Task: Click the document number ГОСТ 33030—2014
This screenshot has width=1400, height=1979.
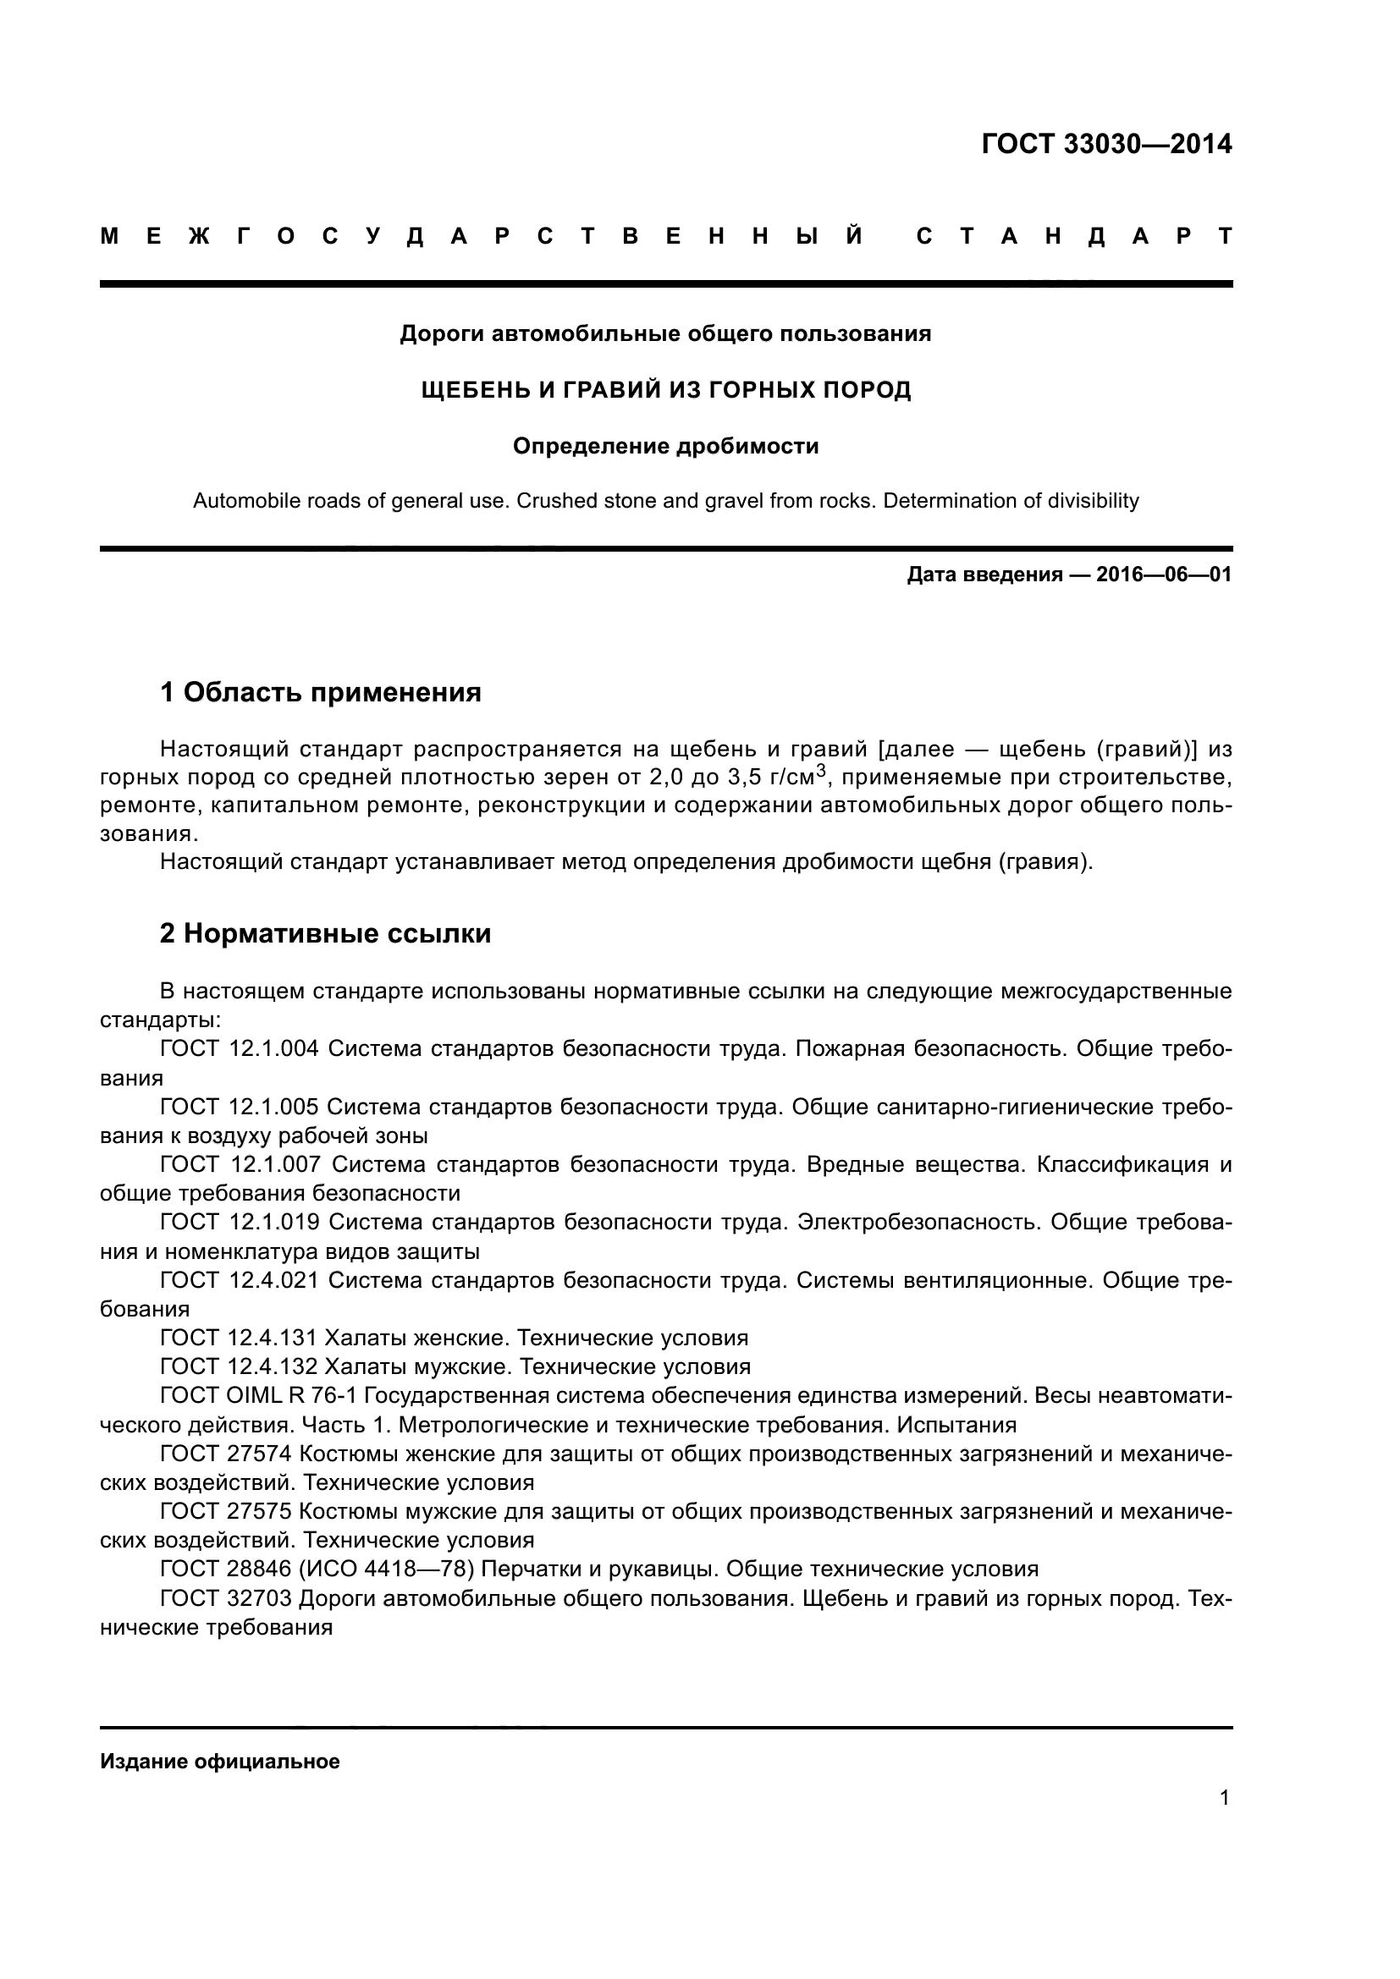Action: click(1106, 144)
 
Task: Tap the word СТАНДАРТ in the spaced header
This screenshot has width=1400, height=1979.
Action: click(1073, 236)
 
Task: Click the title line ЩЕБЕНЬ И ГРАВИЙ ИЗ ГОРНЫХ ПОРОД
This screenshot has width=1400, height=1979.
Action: click(665, 390)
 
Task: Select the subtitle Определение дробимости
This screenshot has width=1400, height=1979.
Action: click(665, 447)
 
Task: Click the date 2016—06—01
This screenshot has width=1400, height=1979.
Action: click(1164, 574)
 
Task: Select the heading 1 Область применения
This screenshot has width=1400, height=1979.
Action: click(321, 692)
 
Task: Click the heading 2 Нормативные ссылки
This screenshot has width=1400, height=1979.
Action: click(325, 933)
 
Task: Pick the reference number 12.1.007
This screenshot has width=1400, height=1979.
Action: click(276, 1164)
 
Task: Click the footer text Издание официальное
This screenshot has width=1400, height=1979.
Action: click(220, 1762)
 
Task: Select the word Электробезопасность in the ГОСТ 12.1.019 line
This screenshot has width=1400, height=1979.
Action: click(918, 1223)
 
